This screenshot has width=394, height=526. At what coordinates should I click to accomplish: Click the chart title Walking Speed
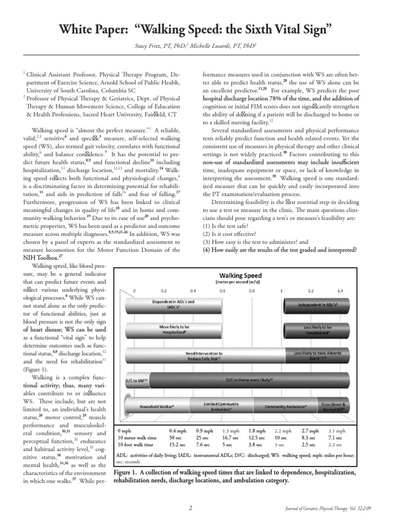241,274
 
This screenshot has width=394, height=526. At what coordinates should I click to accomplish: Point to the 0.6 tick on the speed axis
223,290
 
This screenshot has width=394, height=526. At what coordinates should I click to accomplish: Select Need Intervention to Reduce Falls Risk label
204,355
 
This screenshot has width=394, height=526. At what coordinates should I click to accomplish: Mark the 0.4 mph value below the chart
178,430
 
